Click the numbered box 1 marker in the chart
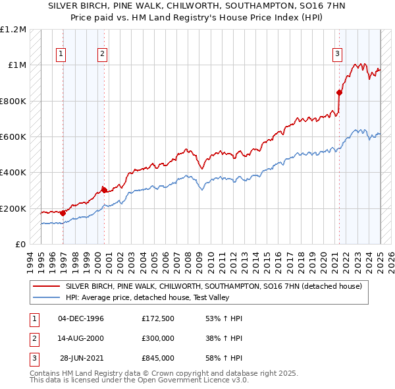(x=61, y=55)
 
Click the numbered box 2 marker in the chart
(x=103, y=55)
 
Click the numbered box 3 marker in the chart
(x=336, y=55)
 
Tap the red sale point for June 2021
(x=339, y=92)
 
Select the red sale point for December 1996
(x=63, y=213)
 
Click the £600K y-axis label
(x=14, y=137)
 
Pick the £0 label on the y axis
(x=20, y=245)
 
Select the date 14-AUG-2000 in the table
(x=81, y=338)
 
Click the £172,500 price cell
(x=157, y=318)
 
